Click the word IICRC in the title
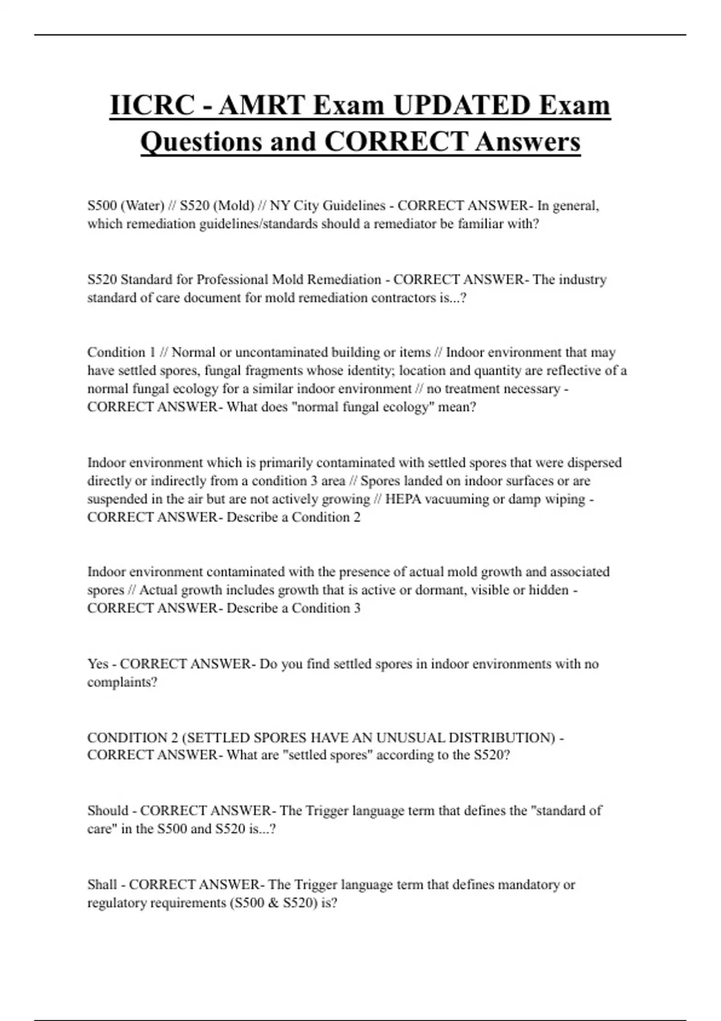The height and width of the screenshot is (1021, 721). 152,105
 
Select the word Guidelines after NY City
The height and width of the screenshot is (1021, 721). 354,205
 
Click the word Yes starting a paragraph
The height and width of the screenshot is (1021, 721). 98,664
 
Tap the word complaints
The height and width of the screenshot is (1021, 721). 122,682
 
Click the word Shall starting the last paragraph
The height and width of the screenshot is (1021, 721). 102,884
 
